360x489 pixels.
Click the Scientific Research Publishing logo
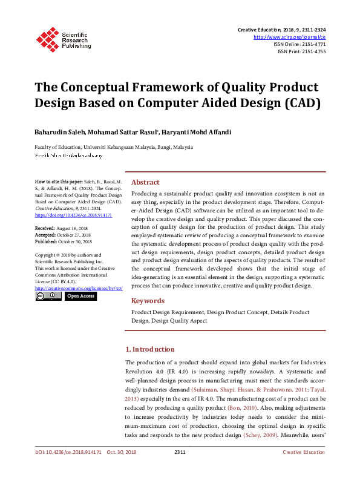(63, 38)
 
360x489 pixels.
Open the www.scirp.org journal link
(293, 36)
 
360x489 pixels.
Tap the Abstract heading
(145, 182)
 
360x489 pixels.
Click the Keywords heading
(148, 301)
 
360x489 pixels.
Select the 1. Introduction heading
(149, 349)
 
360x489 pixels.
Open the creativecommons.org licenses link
(79, 288)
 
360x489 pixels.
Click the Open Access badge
(80, 297)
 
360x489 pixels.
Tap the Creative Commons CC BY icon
(48, 297)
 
